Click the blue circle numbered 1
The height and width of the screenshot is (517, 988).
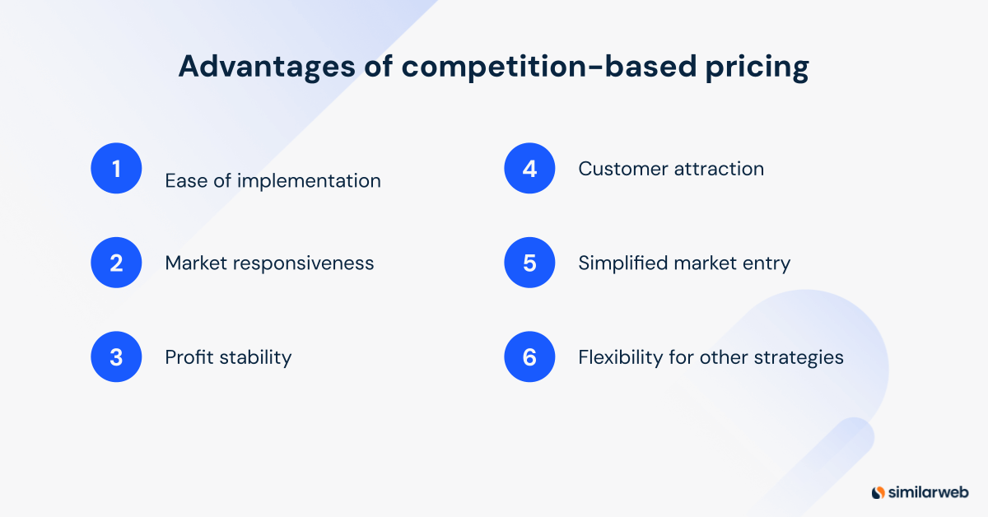click(116, 169)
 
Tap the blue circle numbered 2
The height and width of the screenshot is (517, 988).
click(116, 263)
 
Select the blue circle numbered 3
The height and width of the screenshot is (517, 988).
click(116, 357)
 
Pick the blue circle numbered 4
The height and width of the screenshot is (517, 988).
click(529, 169)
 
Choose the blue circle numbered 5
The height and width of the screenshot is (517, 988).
click(529, 263)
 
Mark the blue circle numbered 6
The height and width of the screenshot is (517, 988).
click(529, 357)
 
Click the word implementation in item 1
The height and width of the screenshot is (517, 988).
click(309, 181)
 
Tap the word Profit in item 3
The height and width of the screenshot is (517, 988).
click(189, 357)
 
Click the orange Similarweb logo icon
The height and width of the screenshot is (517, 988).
click(878, 492)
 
